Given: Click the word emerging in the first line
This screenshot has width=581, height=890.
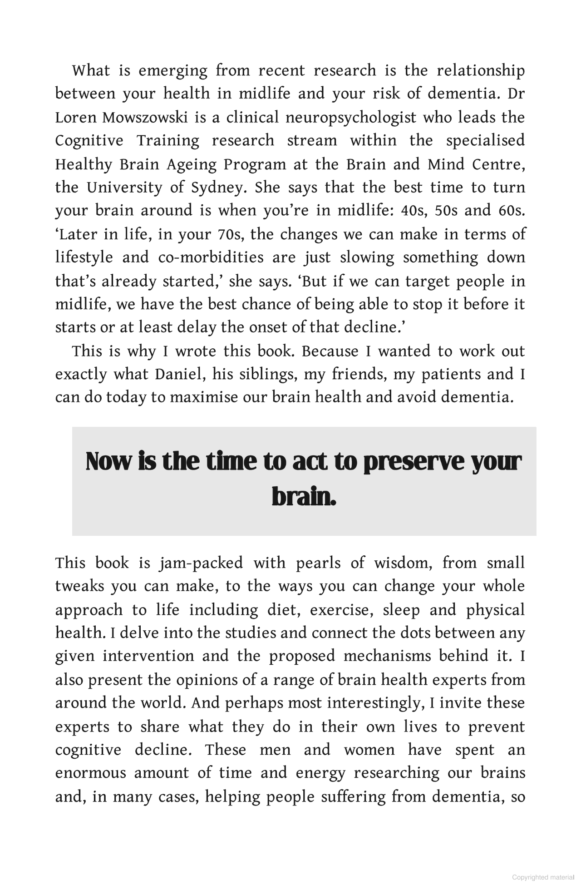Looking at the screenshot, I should click(x=172, y=71).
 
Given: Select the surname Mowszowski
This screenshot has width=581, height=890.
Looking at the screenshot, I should click(x=145, y=118).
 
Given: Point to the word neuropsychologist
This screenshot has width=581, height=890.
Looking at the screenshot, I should click(x=350, y=118).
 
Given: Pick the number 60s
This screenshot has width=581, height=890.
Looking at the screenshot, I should click(x=511, y=211).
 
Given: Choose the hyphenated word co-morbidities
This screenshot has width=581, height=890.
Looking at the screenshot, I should click(x=211, y=258).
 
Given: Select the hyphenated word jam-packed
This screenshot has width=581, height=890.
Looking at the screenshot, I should click(x=201, y=564).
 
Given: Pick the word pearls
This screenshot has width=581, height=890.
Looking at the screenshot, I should click(x=318, y=564).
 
